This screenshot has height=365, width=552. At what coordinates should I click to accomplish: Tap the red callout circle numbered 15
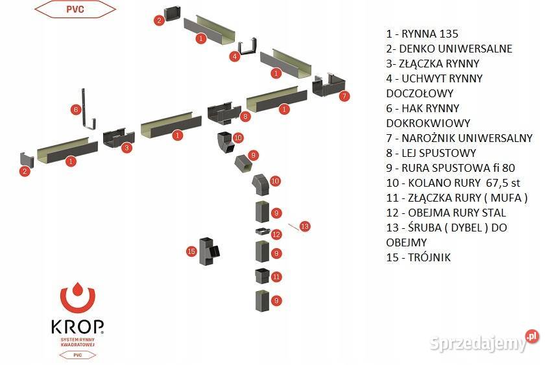[191, 251]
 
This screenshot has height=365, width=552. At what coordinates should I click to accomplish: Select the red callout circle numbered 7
[344, 96]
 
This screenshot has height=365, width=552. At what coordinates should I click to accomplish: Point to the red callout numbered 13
[305, 226]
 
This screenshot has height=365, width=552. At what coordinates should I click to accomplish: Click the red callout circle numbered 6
[75, 110]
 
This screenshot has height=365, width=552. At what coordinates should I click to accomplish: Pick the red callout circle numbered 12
[276, 234]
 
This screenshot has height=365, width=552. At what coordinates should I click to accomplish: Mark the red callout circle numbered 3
[128, 148]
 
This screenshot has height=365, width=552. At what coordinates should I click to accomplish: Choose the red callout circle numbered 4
[234, 56]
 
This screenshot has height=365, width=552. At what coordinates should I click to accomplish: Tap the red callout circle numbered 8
[245, 117]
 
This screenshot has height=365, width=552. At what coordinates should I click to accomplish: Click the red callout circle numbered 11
[276, 276]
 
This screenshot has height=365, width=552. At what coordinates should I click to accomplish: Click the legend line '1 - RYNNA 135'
[422, 34]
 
